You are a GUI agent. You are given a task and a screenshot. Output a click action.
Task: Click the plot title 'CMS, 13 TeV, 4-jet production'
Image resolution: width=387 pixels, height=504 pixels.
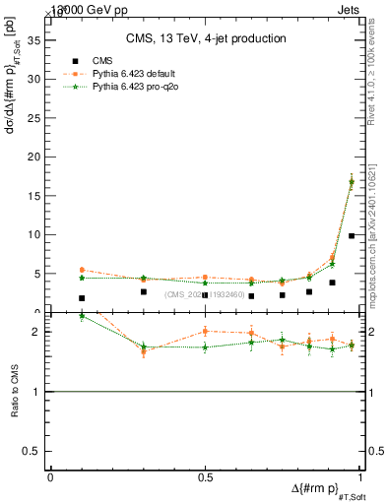206,38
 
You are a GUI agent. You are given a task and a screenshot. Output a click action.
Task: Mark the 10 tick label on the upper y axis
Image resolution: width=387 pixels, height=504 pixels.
32,235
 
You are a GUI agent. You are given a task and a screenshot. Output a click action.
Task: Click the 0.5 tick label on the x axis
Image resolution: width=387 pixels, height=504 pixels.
205,477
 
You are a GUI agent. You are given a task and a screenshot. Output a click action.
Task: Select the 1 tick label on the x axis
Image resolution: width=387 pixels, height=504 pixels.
359,477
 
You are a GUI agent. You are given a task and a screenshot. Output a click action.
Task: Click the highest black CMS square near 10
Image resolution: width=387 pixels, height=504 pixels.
352,235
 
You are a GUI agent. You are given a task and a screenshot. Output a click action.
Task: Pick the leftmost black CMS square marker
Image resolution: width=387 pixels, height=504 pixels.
82,298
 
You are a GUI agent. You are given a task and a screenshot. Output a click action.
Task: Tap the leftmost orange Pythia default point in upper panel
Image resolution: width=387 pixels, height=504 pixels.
82,270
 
